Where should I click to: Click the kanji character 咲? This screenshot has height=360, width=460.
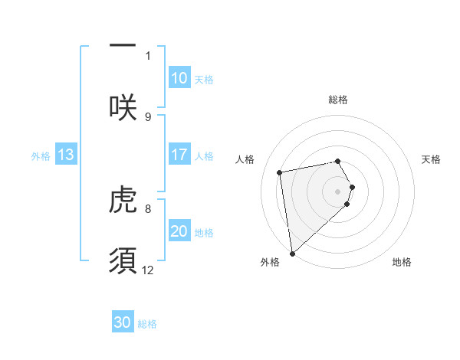pos(123,106)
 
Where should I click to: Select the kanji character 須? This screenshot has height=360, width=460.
pos(123,260)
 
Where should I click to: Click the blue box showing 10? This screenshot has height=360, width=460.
pos(179,78)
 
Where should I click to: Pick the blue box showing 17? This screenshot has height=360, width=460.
pos(179,155)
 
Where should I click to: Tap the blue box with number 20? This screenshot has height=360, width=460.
pos(179,231)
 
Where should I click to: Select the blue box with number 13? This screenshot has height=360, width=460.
pos(66,155)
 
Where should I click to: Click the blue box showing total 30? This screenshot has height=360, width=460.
pos(123,322)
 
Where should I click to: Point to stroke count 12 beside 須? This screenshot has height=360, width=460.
pos(148,270)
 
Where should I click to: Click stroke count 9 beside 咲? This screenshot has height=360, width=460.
pos(148,116)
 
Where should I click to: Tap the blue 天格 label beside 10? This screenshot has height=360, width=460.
pos(203,80)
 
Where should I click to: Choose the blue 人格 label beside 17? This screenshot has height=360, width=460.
pos(203,156)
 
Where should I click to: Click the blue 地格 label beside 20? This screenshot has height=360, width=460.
pos(203,233)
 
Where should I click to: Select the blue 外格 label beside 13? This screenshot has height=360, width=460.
pos(41,156)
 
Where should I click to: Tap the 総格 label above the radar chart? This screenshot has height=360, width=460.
pos(338,100)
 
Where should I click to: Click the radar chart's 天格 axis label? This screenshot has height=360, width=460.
pos(432,159)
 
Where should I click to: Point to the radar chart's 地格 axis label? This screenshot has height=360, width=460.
pos(402,262)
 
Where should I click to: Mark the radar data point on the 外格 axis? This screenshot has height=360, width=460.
pos(292,253)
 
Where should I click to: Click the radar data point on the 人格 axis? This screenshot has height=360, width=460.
pos(280,172)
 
